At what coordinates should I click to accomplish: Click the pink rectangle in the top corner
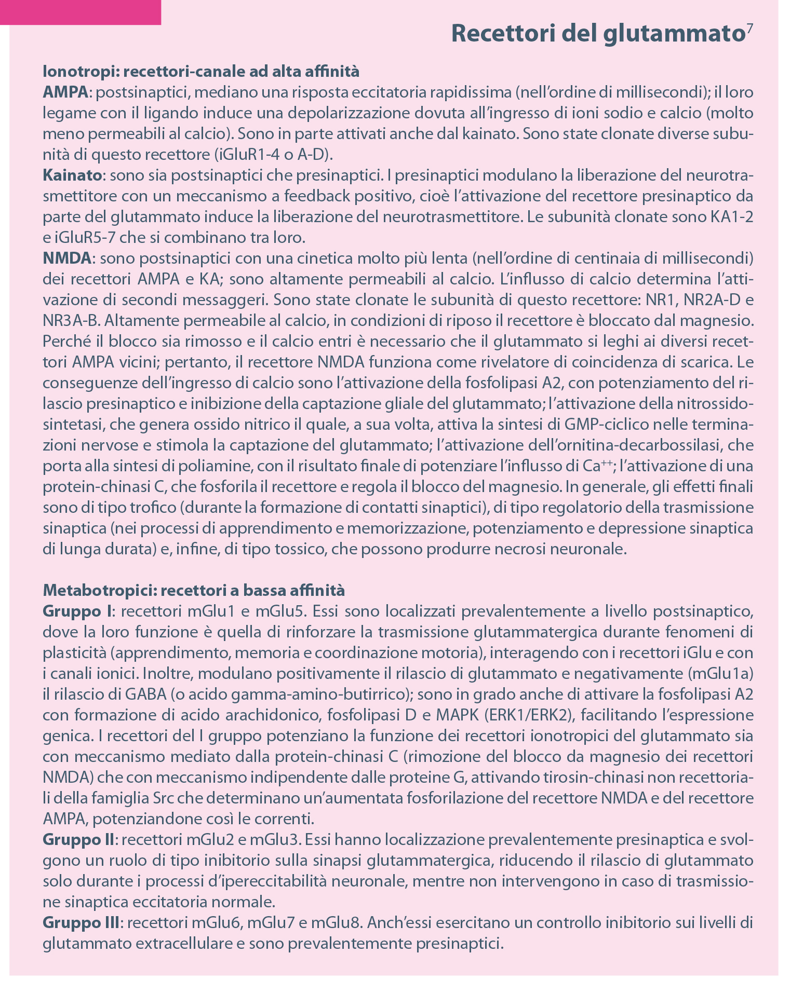81,12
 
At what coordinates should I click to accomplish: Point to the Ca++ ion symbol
595,466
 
